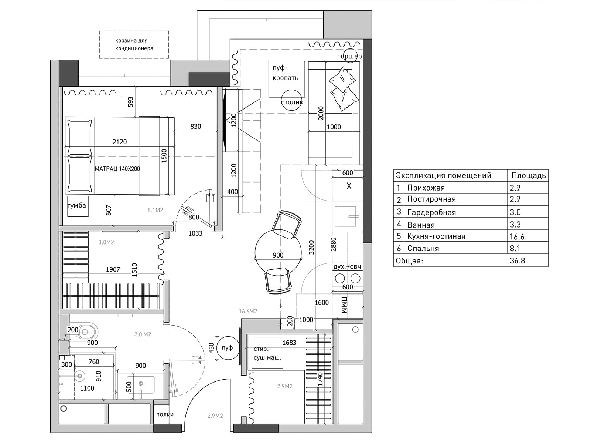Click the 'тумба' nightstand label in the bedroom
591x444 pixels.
[x=77, y=206]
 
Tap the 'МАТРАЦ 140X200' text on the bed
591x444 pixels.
[x=117, y=169]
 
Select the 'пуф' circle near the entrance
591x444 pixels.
[x=227, y=348]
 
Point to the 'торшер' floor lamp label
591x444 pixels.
[x=349, y=57]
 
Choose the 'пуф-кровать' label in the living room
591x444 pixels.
[x=286, y=73]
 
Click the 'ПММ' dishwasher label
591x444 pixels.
[x=344, y=305]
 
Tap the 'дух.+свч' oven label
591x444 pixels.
[x=347, y=267]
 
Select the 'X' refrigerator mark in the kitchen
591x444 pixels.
[x=349, y=186]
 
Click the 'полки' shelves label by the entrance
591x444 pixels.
[x=165, y=414]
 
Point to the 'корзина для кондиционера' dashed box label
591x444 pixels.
[x=134, y=44]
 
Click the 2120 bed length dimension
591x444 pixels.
[x=120, y=142]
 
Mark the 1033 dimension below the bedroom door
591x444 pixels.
[x=195, y=233]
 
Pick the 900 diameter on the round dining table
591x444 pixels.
[x=278, y=255]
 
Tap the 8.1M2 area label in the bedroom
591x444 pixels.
[x=156, y=210]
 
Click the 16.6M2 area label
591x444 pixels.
[x=248, y=312]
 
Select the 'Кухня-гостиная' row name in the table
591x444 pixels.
[x=436, y=236]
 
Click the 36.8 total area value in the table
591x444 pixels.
[x=517, y=261]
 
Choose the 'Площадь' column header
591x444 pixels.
[x=529, y=176]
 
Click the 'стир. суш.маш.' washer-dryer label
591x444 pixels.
[x=267, y=353]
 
